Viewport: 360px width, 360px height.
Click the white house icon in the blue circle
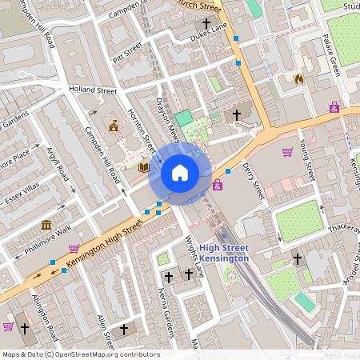[180, 173]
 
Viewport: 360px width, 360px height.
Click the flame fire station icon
[299, 79]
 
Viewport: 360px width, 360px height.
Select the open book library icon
[144, 167]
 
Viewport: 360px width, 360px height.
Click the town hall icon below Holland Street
[114, 126]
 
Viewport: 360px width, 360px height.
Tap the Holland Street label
[93, 90]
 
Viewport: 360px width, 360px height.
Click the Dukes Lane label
[209, 37]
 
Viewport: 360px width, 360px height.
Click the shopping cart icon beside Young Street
[287, 152]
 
